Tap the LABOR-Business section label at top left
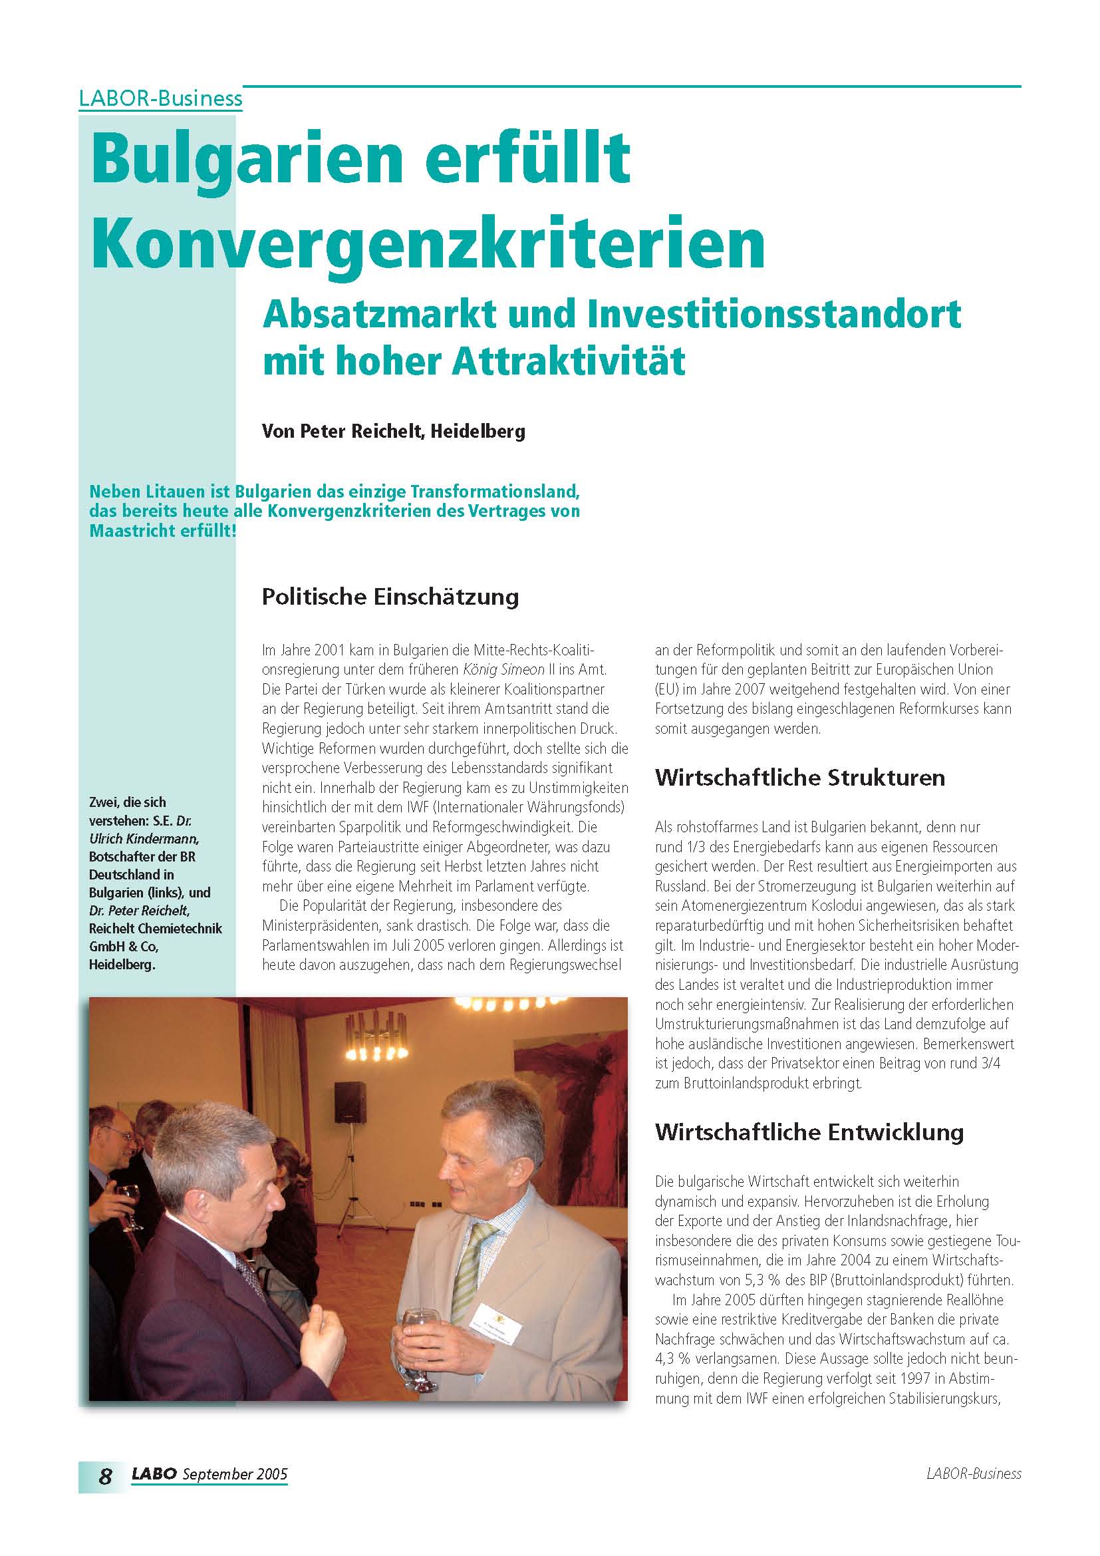pyautogui.click(x=160, y=99)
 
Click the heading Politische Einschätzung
pyautogui.click(x=390, y=596)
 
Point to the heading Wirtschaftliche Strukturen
pyautogui.click(x=800, y=776)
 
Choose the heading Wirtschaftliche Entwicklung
pyautogui.click(x=809, y=1132)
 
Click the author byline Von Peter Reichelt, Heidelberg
pyautogui.click(x=394, y=431)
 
